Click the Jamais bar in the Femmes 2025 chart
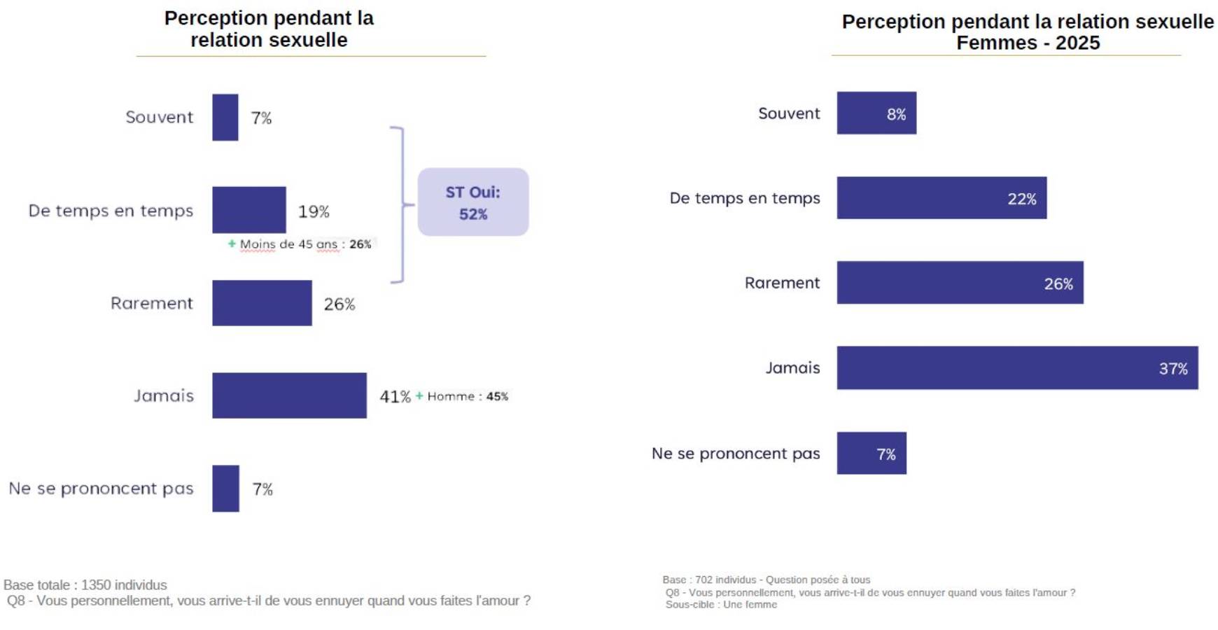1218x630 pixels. pos(1016,367)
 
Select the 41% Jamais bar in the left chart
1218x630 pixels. pos(289,395)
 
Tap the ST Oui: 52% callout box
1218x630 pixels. pos(472,202)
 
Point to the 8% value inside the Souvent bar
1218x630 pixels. pos(896,114)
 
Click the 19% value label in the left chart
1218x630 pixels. pos(314,211)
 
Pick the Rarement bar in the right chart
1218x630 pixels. pos(959,283)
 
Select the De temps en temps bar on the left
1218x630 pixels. pos(248,210)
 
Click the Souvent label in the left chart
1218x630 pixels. pos(159,117)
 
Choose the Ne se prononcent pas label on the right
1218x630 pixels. pos(735,454)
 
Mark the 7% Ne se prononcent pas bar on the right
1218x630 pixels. pos(871,454)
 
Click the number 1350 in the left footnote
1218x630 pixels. pos(97,585)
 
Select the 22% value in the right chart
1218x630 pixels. pos(1021,199)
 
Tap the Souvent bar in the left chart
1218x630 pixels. pos(225,118)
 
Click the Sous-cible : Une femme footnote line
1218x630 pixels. pos(720,605)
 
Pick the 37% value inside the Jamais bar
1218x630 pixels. pos(1172,369)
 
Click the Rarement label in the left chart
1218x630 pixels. pos(151,303)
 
